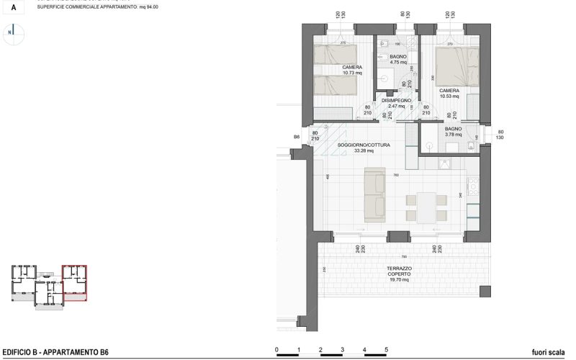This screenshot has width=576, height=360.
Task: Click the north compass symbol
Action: click(12, 32)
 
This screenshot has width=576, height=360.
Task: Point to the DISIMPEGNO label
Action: click(397, 103)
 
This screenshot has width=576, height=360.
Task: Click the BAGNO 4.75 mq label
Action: click(398, 59)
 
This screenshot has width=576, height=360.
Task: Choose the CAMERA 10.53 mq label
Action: click(449, 94)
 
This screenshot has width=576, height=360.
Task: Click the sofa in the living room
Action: click(374, 195)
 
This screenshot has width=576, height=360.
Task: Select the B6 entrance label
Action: click(297, 136)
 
